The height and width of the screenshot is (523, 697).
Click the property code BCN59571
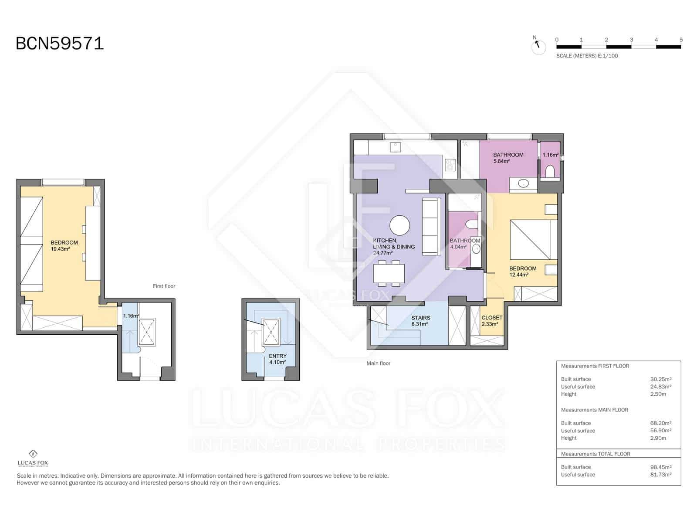pyautogui.click(x=60, y=44)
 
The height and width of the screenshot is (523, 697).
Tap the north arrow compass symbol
pyautogui.click(x=538, y=45)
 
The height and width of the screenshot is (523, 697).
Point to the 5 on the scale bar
pyautogui.click(x=680, y=40)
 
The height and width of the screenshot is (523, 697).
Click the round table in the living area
pyautogui.click(x=399, y=226)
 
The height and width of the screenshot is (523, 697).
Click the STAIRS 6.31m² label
pyautogui.click(x=420, y=321)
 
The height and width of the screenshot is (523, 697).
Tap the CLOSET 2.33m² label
pyautogui.click(x=491, y=321)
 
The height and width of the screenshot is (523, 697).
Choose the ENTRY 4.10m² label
pyautogui.click(x=277, y=359)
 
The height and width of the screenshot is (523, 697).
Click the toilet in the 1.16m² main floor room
pyautogui.click(x=550, y=171)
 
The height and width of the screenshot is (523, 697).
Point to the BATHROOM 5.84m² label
pyautogui.click(x=508, y=158)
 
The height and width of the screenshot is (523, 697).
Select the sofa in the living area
pyautogui.click(x=431, y=226)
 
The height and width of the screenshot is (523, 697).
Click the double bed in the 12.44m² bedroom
pyautogui.click(x=534, y=240)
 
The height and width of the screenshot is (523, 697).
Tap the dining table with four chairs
pyautogui.click(x=389, y=274)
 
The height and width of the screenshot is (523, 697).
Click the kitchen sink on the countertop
pyautogui.click(x=395, y=147)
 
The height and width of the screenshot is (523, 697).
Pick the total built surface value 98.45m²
pyautogui.click(x=660, y=467)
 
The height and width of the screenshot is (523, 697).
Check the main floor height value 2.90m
pyautogui.click(x=658, y=438)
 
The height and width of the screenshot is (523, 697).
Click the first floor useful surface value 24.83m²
pyautogui.click(x=660, y=387)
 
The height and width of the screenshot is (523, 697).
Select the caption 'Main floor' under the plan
pyautogui.click(x=379, y=363)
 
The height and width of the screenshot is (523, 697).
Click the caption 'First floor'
pyautogui.click(x=164, y=286)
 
